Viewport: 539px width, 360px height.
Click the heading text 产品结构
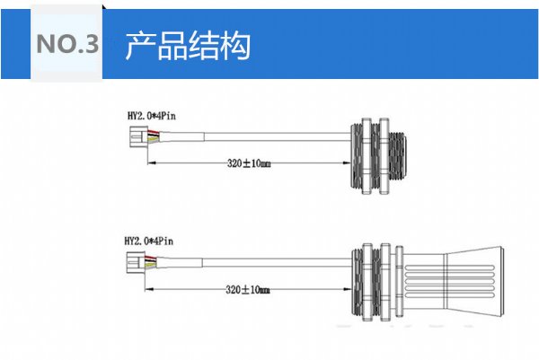(x=187, y=45)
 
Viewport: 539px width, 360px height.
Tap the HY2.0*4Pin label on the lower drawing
(x=148, y=241)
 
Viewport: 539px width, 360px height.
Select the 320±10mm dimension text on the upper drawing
(x=247, y=163)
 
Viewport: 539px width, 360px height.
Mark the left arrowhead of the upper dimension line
(x=148, y=163)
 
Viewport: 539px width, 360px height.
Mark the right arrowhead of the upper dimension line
(x=346, y=163)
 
